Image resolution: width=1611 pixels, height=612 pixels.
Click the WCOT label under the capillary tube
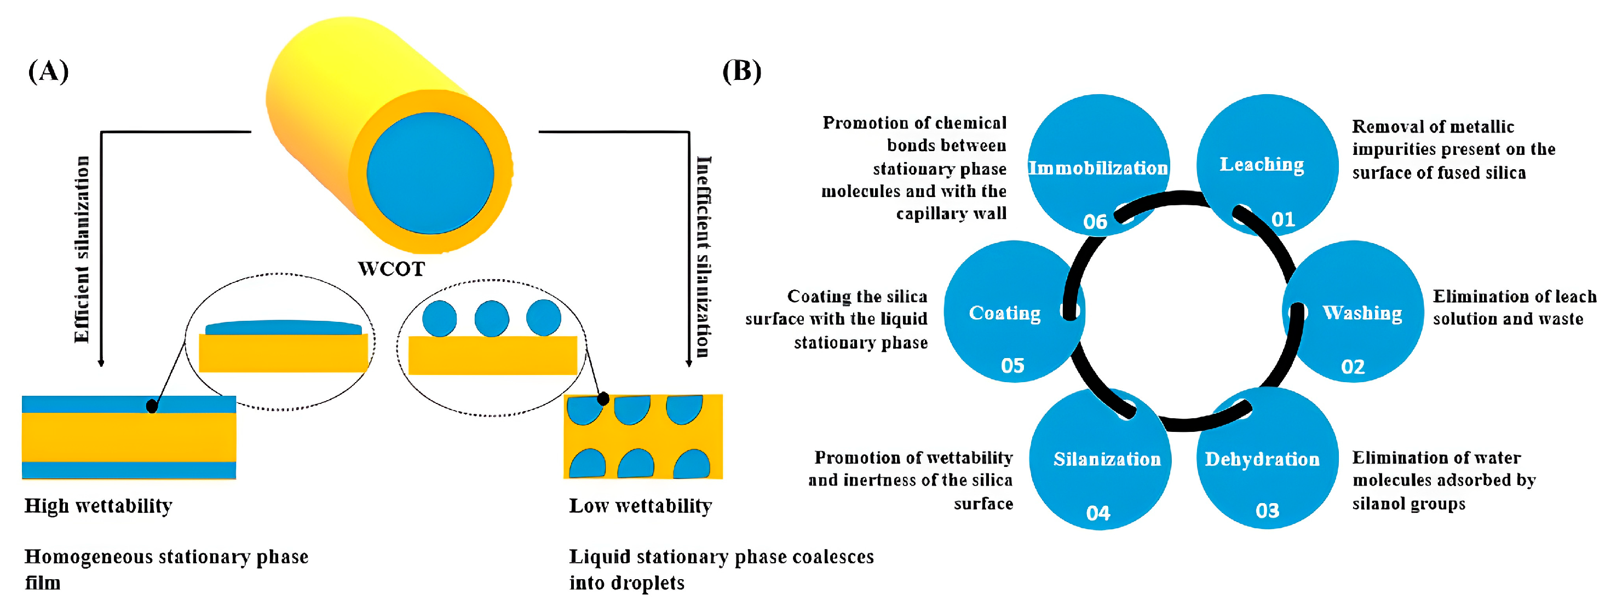tap(392, 269)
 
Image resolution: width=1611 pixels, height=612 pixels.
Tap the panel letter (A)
tap(48, 71)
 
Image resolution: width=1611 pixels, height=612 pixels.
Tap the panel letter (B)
tap(742, 71)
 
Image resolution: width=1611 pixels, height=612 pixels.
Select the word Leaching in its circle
tap(1262, 164)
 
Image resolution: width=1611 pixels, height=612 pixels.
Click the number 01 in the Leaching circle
tap(1284, 220)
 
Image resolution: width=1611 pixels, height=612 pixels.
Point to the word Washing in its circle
tap(1362, 313)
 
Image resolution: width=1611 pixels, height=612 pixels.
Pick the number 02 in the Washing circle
tap(1353, 366)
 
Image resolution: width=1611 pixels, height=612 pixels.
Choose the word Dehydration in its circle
tap(1262, 459)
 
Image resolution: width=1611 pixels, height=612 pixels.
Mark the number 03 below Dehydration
tap(1268, 511)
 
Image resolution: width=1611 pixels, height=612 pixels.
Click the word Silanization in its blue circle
tap(1107, 459)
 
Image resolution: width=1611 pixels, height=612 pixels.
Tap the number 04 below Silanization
tap(1098, 513)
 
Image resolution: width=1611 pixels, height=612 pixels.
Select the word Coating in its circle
tap(1005, 313)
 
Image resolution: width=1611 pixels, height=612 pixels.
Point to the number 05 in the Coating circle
tap(1012, 366)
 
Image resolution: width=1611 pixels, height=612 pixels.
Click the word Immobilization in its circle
tap(1098, 168)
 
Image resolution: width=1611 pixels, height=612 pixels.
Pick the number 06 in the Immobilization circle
tap(1095, 222)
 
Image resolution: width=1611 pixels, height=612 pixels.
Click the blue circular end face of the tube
tap(430, 173)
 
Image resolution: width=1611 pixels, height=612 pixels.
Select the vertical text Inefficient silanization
tap(704, 257)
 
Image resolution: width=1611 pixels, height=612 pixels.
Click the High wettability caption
tap(98, 506)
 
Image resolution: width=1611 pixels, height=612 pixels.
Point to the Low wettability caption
tap(640, 506)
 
